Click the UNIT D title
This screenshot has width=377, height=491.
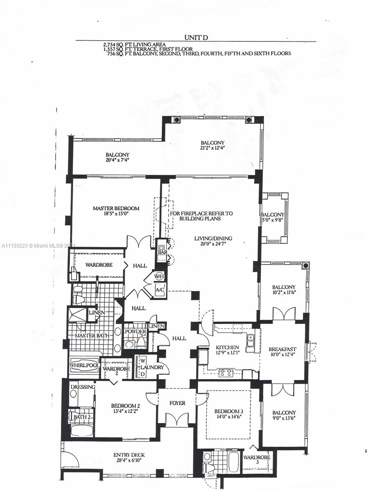196,38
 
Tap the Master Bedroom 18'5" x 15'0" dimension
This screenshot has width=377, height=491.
116,214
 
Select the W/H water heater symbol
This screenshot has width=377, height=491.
159,276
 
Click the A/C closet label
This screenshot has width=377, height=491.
159,289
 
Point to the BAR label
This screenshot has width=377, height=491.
163,252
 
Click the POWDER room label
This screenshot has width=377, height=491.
135,331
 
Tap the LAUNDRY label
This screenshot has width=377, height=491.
152,367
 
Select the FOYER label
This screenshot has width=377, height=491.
177,403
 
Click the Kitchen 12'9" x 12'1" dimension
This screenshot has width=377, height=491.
227,352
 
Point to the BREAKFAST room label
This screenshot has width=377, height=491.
282,349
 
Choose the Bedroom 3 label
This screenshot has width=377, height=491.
229,411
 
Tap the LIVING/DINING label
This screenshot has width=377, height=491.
213,238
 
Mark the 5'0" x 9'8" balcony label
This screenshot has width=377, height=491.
272,220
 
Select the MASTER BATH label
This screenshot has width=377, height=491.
92,336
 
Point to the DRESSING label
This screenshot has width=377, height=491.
83,387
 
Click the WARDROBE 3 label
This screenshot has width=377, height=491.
257,459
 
